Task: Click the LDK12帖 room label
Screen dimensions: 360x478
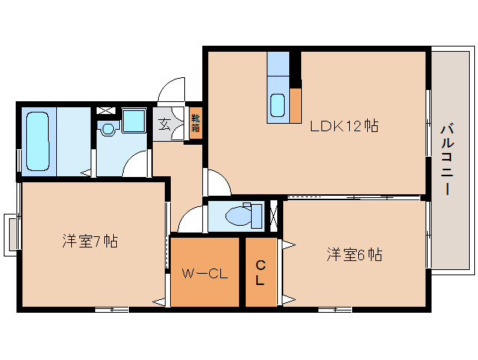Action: [x=344, y=127]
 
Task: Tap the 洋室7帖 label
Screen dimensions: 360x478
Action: [x=89, y=241]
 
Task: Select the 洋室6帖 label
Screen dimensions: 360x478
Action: [x=354, y=255]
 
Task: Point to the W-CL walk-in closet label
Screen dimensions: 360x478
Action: [x=205, y=273]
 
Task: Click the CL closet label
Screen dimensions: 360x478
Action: [x=261, y=274]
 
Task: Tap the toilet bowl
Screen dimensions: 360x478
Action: [x=240, y=215]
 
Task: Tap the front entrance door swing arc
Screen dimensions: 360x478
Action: [x=172, y=90]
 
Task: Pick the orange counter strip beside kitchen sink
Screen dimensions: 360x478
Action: [x=295, y=104]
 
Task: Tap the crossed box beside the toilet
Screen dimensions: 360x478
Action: [x=273, y=215]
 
